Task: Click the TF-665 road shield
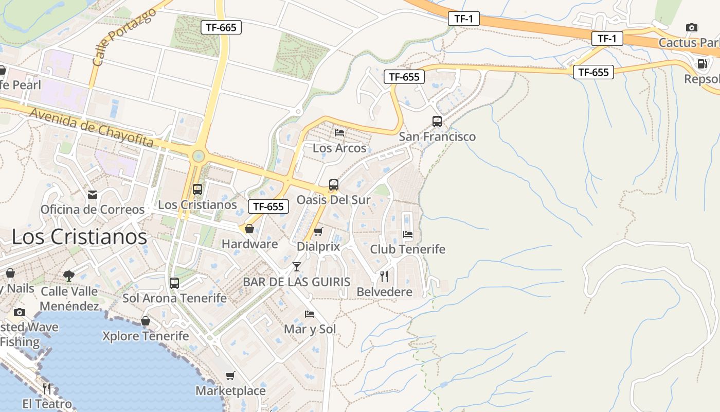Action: click(x=221, y=27)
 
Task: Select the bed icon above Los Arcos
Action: click(x=339, y=132)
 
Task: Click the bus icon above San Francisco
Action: click(x=437, y=122)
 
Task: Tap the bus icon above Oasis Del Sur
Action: click(x=334, y=185)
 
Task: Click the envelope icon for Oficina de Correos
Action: click(x=93, y=194)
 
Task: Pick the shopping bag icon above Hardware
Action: click(x=249, y=229)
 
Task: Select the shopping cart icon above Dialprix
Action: click(x=318, y=232)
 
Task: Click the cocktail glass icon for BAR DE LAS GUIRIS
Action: click(x=297, y=267)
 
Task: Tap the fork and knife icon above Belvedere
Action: click(x=384, y=277)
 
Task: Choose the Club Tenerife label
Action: click(x=408, y=249)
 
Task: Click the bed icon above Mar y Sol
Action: click(x=310, y=314)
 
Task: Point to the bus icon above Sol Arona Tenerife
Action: click(x=174, y=283)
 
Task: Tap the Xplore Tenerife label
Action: click(x=146, y=336)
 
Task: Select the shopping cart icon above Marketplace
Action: click(x=230, y=375)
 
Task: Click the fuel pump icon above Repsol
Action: click(x=702, y=64)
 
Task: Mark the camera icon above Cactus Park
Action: click(x=692, y=27)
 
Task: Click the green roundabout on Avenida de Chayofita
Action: click(x=199, y=156)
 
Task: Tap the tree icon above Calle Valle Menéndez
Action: click(x=69, y=276)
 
